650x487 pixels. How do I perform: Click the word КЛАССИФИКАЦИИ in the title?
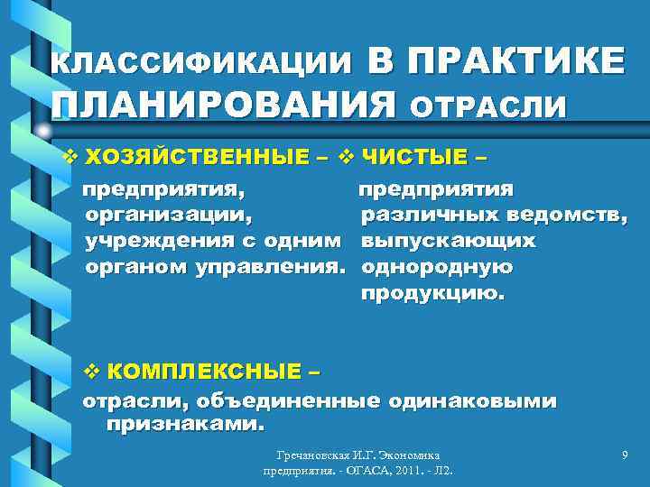click(x=201, y=62)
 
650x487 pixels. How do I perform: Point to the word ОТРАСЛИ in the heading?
click(x=489, y=107)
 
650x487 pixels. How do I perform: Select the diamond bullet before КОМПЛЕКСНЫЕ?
click(x=89, y=371)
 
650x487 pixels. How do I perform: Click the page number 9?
click(x=625, y=457)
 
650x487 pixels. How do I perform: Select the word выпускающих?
click(x=449, y=242)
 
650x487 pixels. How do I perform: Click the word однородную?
click(x=438, y=268)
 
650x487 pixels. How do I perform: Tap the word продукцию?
click(x=434, y=294)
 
